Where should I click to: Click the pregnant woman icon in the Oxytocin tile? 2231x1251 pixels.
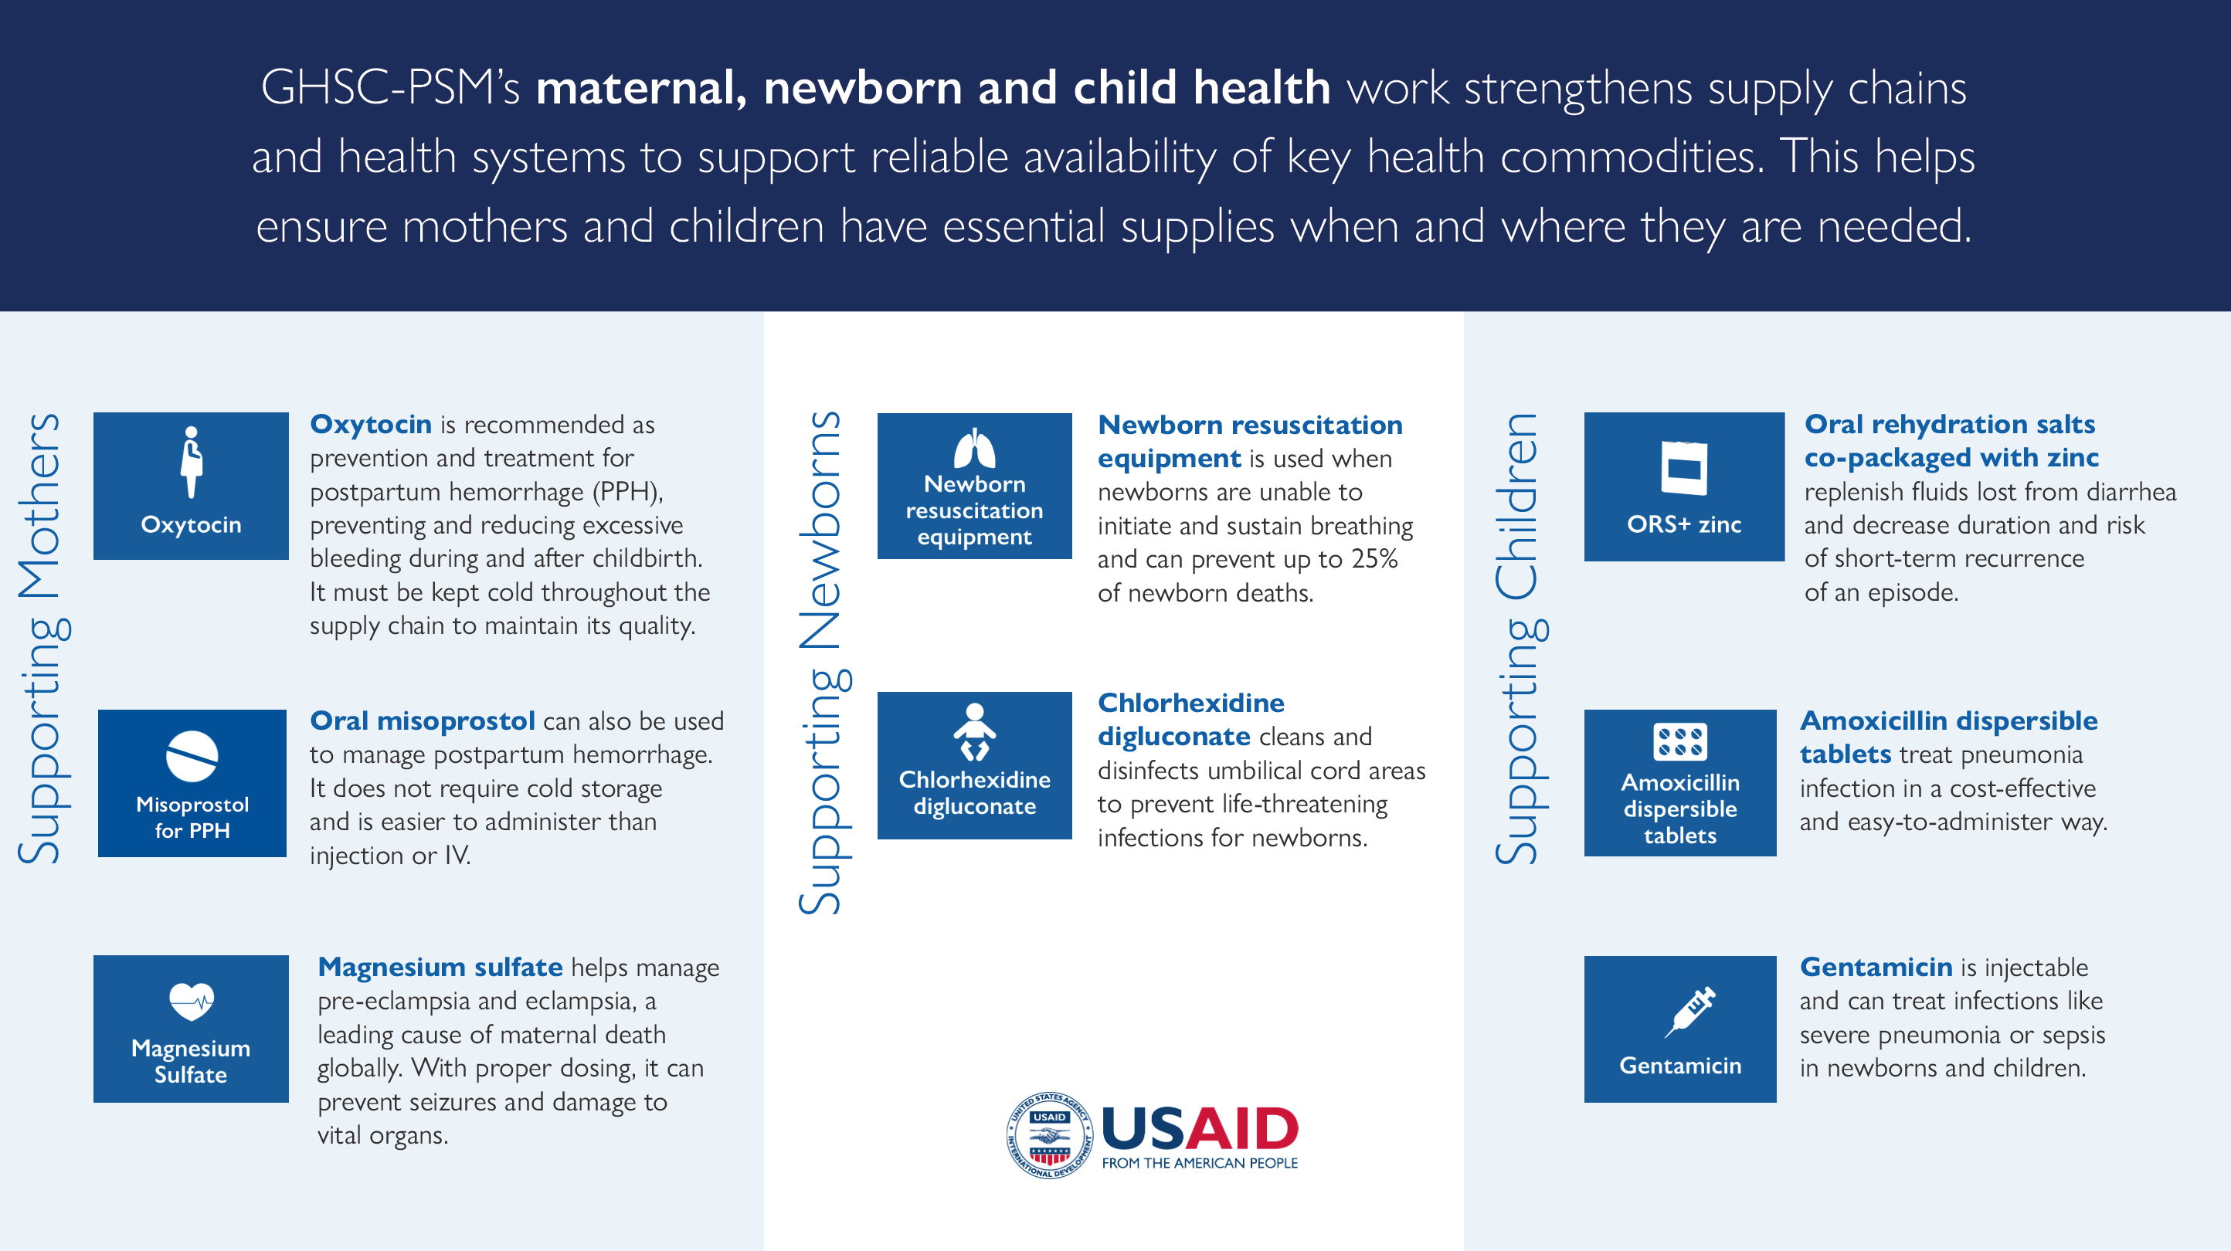tap(192, 463)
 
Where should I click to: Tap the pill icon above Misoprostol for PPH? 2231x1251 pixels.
tap(192, 756)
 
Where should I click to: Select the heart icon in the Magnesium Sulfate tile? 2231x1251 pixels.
tap(192, 1002)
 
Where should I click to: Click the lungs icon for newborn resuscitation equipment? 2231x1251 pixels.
tap(974, 449)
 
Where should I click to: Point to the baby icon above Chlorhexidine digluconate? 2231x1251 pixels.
tap(974, 732)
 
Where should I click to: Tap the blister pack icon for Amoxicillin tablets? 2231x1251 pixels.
tap(1679, 742)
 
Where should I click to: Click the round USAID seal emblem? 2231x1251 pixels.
tap(1049, 1135)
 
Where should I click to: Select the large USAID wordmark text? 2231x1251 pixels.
tap(1200, 1129)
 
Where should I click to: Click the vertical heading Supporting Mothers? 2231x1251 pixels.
tap(40, 638)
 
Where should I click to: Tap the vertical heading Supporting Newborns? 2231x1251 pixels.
tap(820, 663)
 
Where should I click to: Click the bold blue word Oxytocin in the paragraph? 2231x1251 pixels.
tap(371, 424)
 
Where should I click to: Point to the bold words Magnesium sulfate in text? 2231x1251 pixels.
tap(440, 966)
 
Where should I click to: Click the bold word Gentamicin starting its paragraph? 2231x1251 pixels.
tap(1876, 966)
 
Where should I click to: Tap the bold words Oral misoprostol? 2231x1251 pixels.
tap(423, 720)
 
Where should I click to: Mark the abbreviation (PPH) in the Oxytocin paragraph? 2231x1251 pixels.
tap(627, 492)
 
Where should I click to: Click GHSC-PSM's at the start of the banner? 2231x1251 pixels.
tap(390, 87)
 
